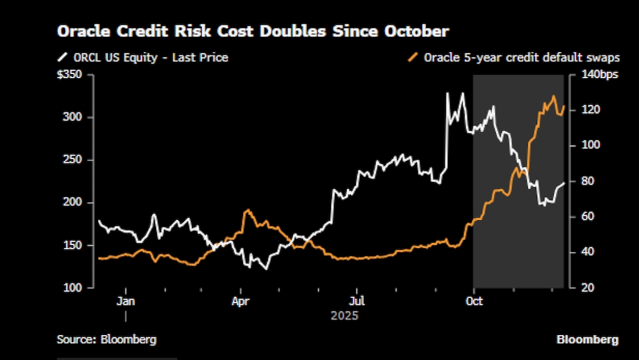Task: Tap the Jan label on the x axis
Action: tap(125, 301)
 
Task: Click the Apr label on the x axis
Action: tap(241, 301)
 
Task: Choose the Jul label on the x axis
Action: tap(356, 301)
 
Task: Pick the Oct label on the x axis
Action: tap(474, 301)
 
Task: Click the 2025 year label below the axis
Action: tap(344, 316)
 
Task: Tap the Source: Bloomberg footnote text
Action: tap(106, 339)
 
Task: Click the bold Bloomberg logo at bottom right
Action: tap(587, 339)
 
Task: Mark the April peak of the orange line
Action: tap(247, 211)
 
